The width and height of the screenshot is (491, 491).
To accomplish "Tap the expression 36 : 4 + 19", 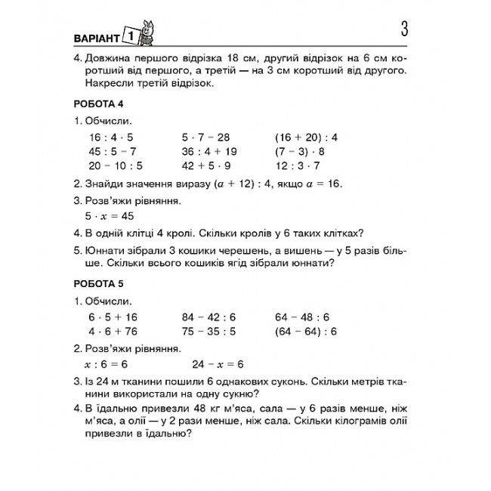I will click(x=209, y=151).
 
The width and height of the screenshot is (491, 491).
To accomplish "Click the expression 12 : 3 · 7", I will click(x=298, y=165).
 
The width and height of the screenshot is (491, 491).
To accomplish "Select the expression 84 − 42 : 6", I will click(x=208, y=317).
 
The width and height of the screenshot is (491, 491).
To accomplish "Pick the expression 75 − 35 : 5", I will click(x=208, y=332).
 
